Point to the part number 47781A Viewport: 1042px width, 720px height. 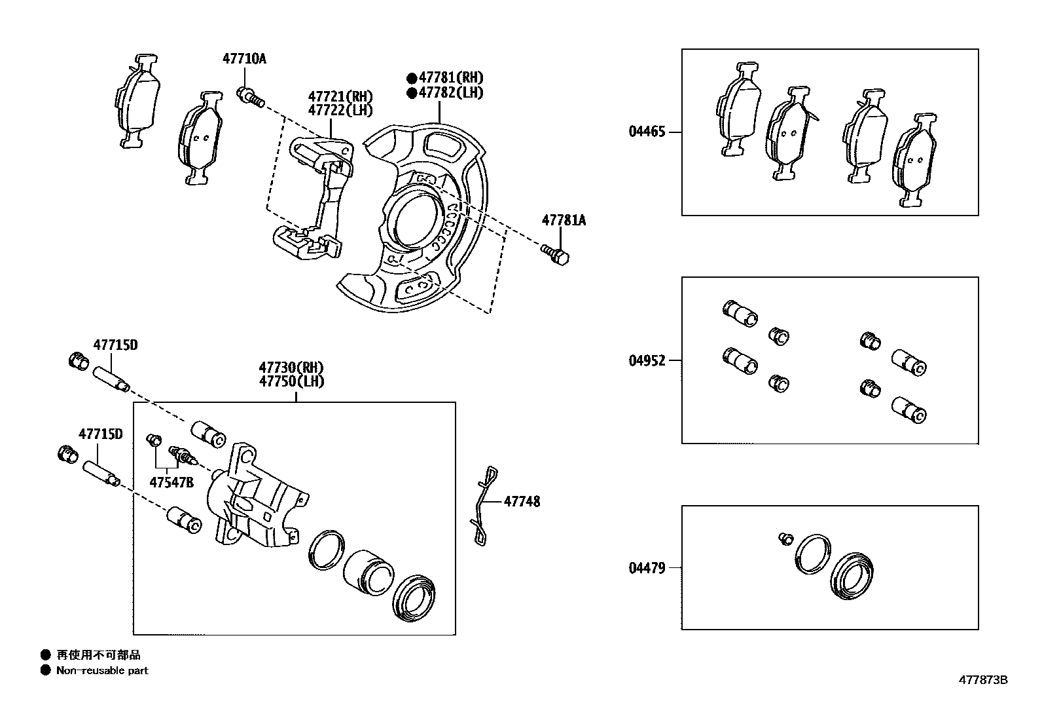pyautogui.click(x=563, y=221)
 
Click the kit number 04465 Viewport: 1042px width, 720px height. pyautogui.click(x=647, y=132)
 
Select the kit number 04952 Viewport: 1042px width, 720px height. pyautogui.click(x=647, y=361)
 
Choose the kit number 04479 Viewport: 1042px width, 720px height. pyautogui.click(x=647, y=568)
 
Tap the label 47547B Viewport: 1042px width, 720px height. pyautogui.click(x=171, y=483)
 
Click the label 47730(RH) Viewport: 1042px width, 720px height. pyautogui.click(x=291, y=368)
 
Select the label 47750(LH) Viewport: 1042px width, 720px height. pyautogui.click(x=291, y=381)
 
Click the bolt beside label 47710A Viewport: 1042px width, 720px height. pyautogui.click(x=249, y=97)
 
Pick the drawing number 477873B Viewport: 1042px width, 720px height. pyautogui.click(x=983, y=680)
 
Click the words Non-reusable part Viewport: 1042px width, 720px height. pyautogui.click(x=102, y=671)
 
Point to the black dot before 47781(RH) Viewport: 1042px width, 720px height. pyautogui.click(x=411, y=77)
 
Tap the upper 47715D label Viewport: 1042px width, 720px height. pyautogui.click(x=115, y=345)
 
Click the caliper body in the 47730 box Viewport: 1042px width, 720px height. pyautogui.click(x=255, y=498)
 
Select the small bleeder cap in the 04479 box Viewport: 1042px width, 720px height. pyautogui.click(x=785, y=539)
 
